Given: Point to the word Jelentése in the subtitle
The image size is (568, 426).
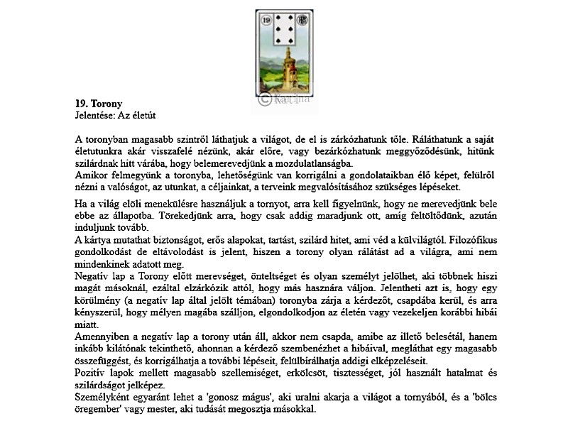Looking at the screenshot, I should coord(94,114).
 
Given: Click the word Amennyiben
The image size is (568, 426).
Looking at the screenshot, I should coord(104,336).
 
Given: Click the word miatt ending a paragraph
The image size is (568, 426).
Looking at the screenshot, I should coord(87,324).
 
